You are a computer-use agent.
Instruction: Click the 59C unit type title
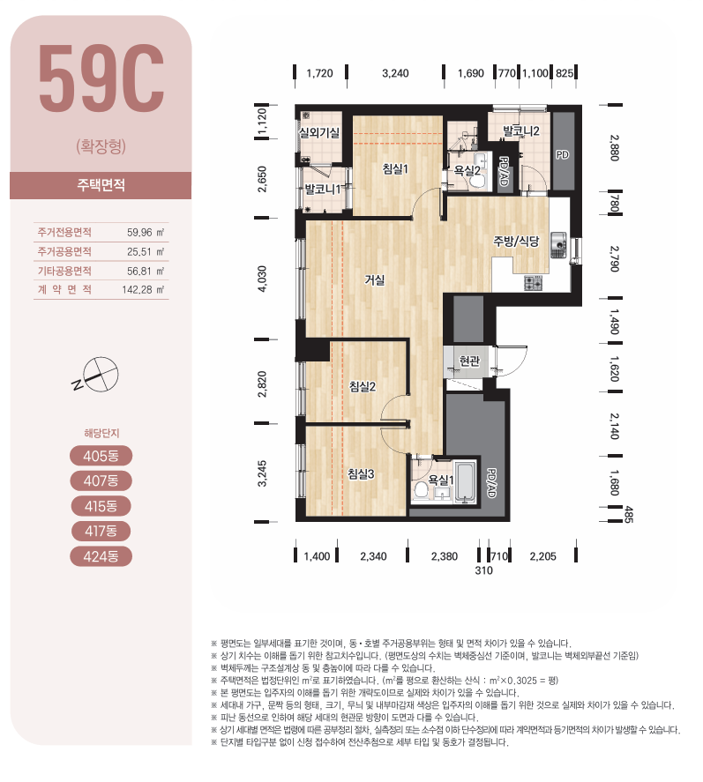point(101,78)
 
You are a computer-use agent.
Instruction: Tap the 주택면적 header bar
point(101,185)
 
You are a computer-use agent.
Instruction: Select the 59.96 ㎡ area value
point(146,233)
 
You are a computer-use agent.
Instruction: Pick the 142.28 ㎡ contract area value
point(143,290)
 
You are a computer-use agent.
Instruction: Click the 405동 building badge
point(101,456)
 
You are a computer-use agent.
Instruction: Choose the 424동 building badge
point(101,556)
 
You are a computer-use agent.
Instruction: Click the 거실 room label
point(375,280)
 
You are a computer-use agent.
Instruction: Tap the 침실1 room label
point(395,169)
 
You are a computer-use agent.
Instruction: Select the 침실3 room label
point(361,473)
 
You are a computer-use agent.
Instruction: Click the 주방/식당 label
point(516,242)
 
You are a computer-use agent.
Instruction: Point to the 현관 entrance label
point(469,360)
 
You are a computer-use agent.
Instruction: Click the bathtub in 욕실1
point(466,482)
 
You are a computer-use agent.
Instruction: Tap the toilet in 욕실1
point(421,489)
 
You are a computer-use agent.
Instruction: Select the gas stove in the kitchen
point(533,283)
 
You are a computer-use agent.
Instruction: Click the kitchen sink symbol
point(558,245)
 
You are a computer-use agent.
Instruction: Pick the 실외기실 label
point(319,132)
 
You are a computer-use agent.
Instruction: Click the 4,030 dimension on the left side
point(263,279)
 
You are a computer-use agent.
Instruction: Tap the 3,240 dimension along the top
point(395,73)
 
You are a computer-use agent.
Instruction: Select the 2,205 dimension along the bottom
point(542,556)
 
